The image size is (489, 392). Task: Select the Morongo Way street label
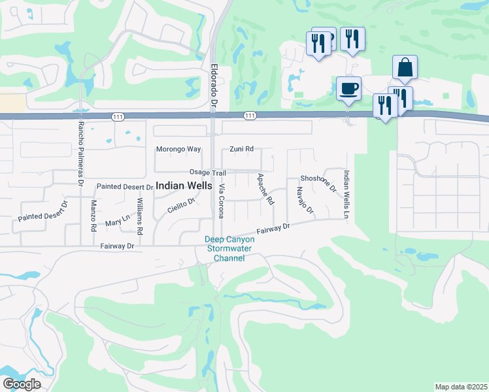(178, 149)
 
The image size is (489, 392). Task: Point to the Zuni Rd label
(241, 149)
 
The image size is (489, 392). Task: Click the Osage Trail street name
(207, 172)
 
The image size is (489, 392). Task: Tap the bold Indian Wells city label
(184, 186)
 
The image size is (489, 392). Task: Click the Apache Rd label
(265, 189)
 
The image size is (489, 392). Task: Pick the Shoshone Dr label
(318, 183)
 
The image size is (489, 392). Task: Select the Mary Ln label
(117, 222)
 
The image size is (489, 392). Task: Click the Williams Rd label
(140, 217)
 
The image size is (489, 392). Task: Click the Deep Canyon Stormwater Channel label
(229, 249)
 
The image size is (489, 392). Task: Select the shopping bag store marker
(405, 67)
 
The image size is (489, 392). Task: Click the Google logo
(22, 384)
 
